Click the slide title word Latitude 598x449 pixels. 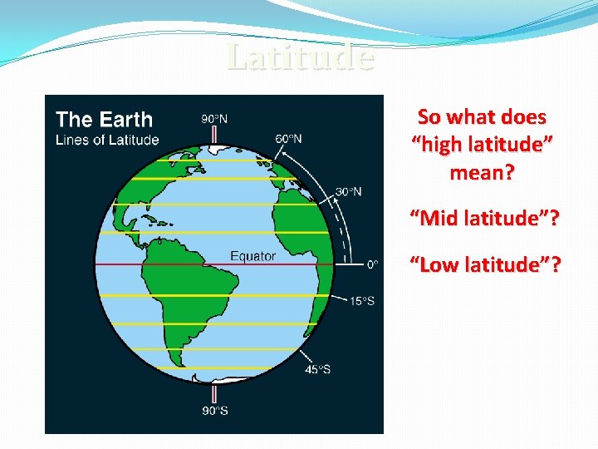click(x=300, y=57)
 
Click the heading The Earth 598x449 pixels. click(x=104, y=120)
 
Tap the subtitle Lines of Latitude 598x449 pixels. click(x=106, y=140)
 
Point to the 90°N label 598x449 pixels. click(x=214, y=119)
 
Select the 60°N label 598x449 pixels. click(x=288, y=138)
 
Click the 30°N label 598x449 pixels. click(x=348, y=191)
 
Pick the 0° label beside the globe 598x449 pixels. click(x=373, y=264)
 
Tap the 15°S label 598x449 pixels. click(x=360, y=300)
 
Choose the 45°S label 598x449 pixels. click(x=316, y=369)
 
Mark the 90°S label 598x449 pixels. click(x=214, y=410)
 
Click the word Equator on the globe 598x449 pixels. click(x=252, y=256)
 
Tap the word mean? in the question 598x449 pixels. click(x=482, y=173)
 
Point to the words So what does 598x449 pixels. click(x=482, y=116)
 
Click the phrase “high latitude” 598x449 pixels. click(x=483, y=145)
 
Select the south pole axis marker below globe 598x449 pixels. click(x=214, y=392)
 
